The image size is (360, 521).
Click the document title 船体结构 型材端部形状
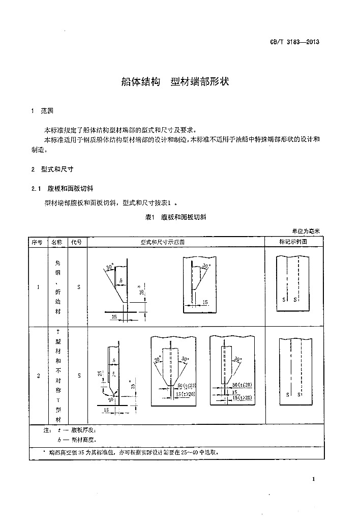tap(175, 81)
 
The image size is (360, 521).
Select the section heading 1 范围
tap(42, 110)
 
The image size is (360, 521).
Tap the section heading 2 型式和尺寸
tap(52, 169)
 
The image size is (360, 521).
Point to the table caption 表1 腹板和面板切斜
tap(175, 217)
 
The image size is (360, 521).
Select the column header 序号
tap(38, 242)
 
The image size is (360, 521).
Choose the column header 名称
tap(57, 242)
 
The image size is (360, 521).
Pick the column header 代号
tap(77, 242)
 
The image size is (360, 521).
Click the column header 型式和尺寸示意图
tap(175, 242)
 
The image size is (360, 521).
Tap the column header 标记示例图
tap(293, 242)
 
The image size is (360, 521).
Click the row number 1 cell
tap(39, 287)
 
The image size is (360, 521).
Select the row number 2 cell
tap(39, 376)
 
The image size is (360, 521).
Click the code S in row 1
tap(79, 287)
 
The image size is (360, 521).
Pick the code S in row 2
tap(79, 376)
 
